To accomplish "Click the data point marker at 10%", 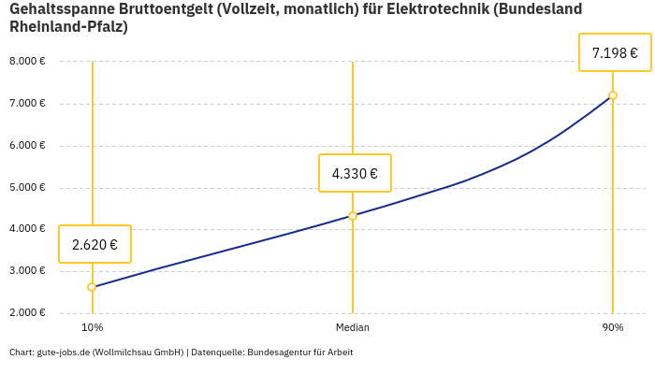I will tap(92, 287).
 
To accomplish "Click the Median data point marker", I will tap(353, 216).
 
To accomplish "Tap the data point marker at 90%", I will tap(613, 95).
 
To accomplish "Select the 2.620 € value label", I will tap(95, 245).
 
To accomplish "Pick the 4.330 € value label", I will tap(355, 173).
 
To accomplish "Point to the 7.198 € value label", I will tap(615, 53).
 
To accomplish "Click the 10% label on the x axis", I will tap(92, 327).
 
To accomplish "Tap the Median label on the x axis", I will tap(353, 327).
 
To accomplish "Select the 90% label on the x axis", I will tap(613, 327).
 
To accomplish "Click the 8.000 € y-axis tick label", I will tap(27, 62).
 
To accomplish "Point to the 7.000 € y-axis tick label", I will tap(27, 104).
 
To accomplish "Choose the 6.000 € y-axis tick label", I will tap(27, 146).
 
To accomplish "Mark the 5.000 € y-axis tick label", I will tap(27, 188).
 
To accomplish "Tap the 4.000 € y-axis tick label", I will tap(27, 229).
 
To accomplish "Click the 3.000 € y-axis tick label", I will tap(27, 271).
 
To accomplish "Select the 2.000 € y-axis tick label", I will tap(27, 313).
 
